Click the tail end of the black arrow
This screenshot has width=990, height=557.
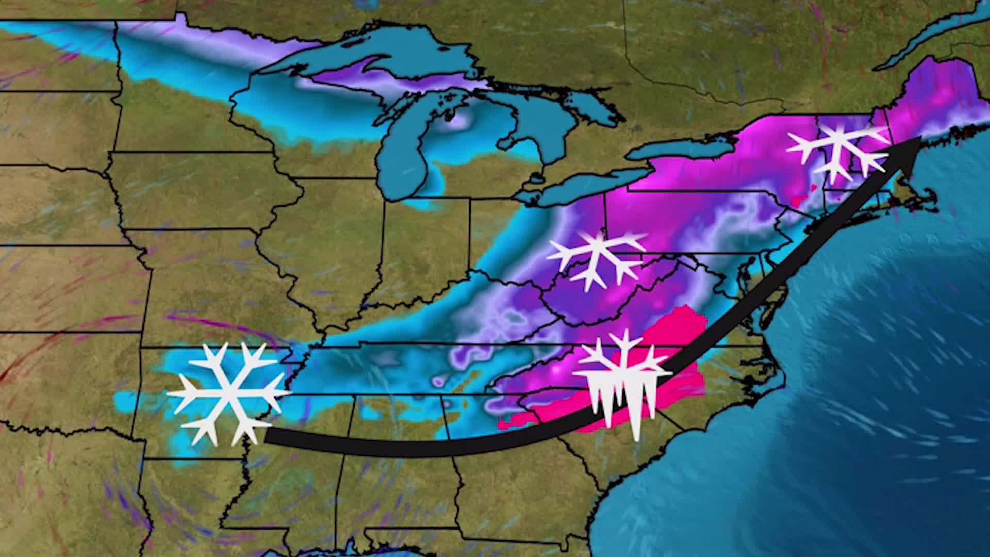[x=268, y=436]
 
